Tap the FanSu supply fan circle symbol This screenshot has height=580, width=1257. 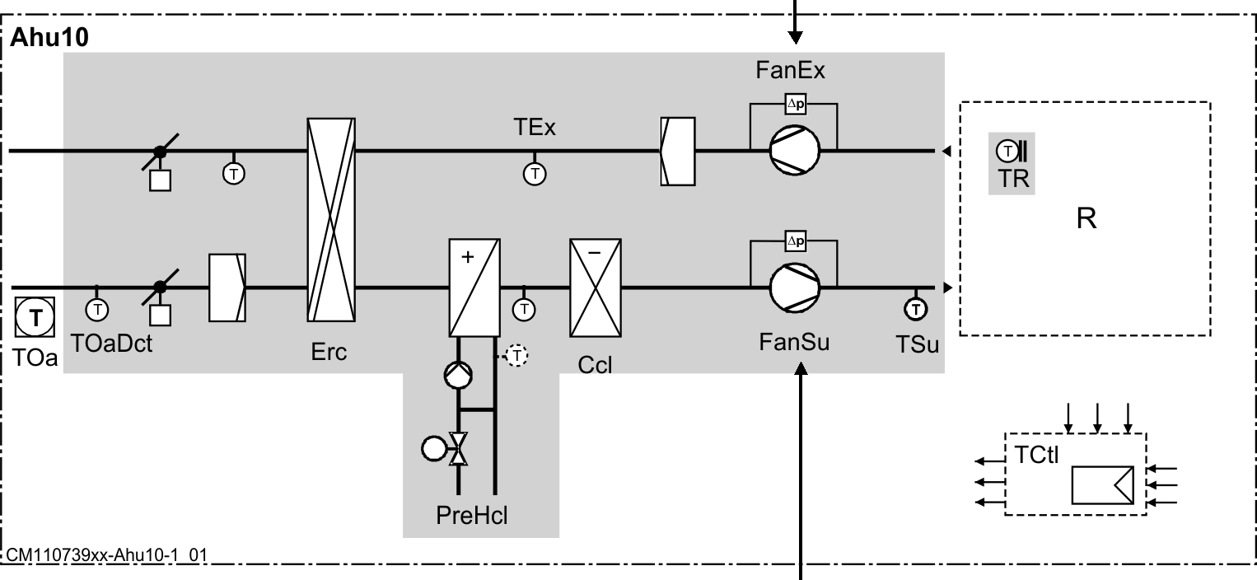tap(795, 288)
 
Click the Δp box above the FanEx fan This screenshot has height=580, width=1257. tap(795, 105)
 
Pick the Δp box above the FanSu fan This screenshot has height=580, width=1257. tap(795, 241)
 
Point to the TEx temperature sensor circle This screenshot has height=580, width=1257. tap(535, 174)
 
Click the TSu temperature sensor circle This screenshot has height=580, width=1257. tap(915, 309)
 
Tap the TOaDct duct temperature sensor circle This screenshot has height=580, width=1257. tap(97, 310)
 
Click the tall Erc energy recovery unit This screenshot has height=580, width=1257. tap(330, 220)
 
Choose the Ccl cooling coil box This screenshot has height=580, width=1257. tap(595, 288)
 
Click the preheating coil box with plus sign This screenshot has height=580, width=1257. tap(474, 288)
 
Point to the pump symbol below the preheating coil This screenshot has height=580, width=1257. tap(456, 375)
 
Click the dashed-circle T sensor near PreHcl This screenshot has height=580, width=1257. tap(516, 355)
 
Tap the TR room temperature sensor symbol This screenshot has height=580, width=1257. tap(1010, 152)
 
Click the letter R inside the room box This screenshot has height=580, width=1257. tap(1086, 220)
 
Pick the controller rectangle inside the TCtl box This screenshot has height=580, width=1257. tap(1102, 484)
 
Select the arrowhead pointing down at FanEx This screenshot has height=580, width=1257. tap(795, 37)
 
